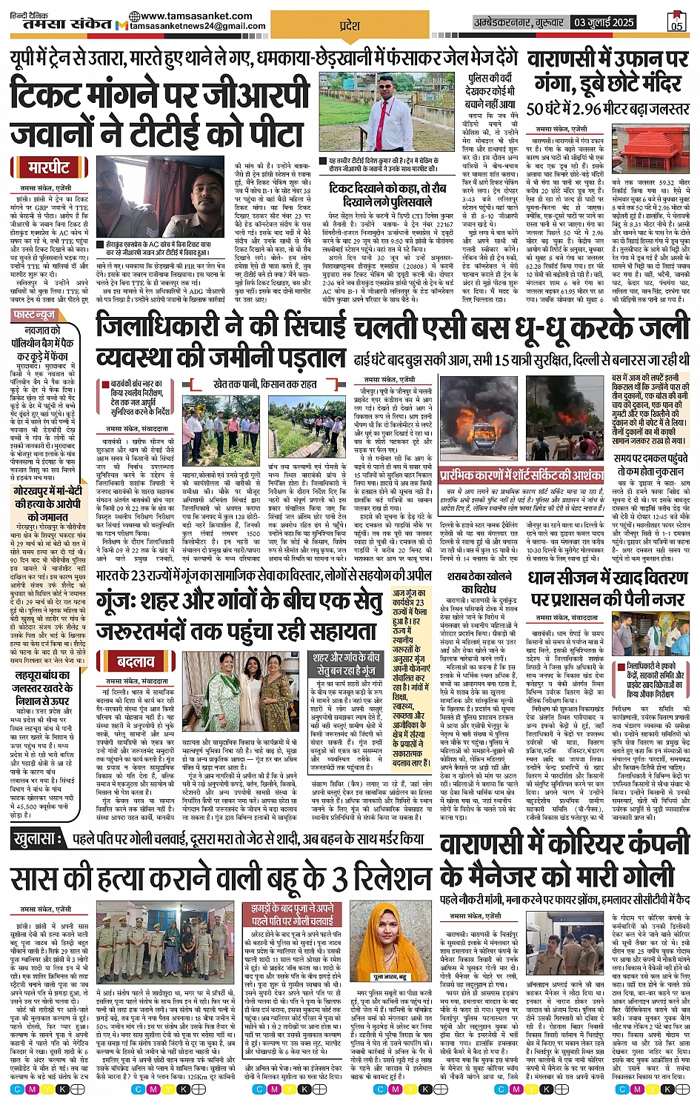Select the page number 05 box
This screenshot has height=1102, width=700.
(x=676, y=24)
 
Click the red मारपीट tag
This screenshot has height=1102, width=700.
(x=49, y=168)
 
